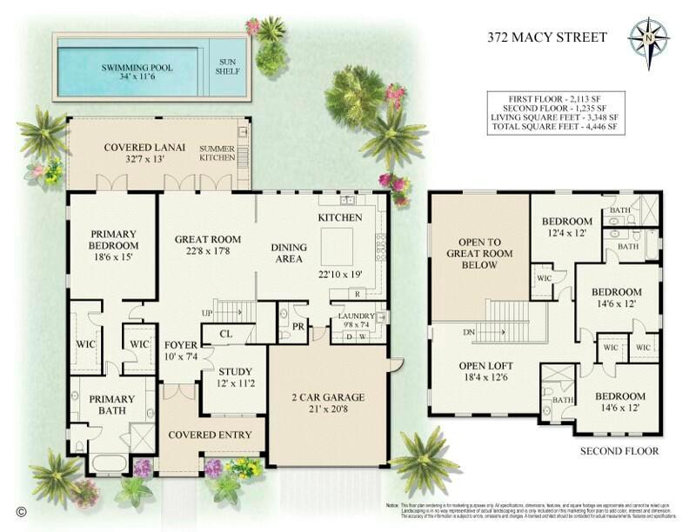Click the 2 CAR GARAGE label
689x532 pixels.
pyautogui.click(x=327, y=397)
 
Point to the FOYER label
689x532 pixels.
pyautogui.click(x=180, y=342)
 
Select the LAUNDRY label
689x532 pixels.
pyautogui.click(x=358, y=316)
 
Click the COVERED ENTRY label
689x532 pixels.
pyautogui.click(x=210, y=435)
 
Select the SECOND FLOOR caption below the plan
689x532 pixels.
pyautogui.click(x=619, y=451)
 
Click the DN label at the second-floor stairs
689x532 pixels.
pyautogui.click(x=469, y=333)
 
